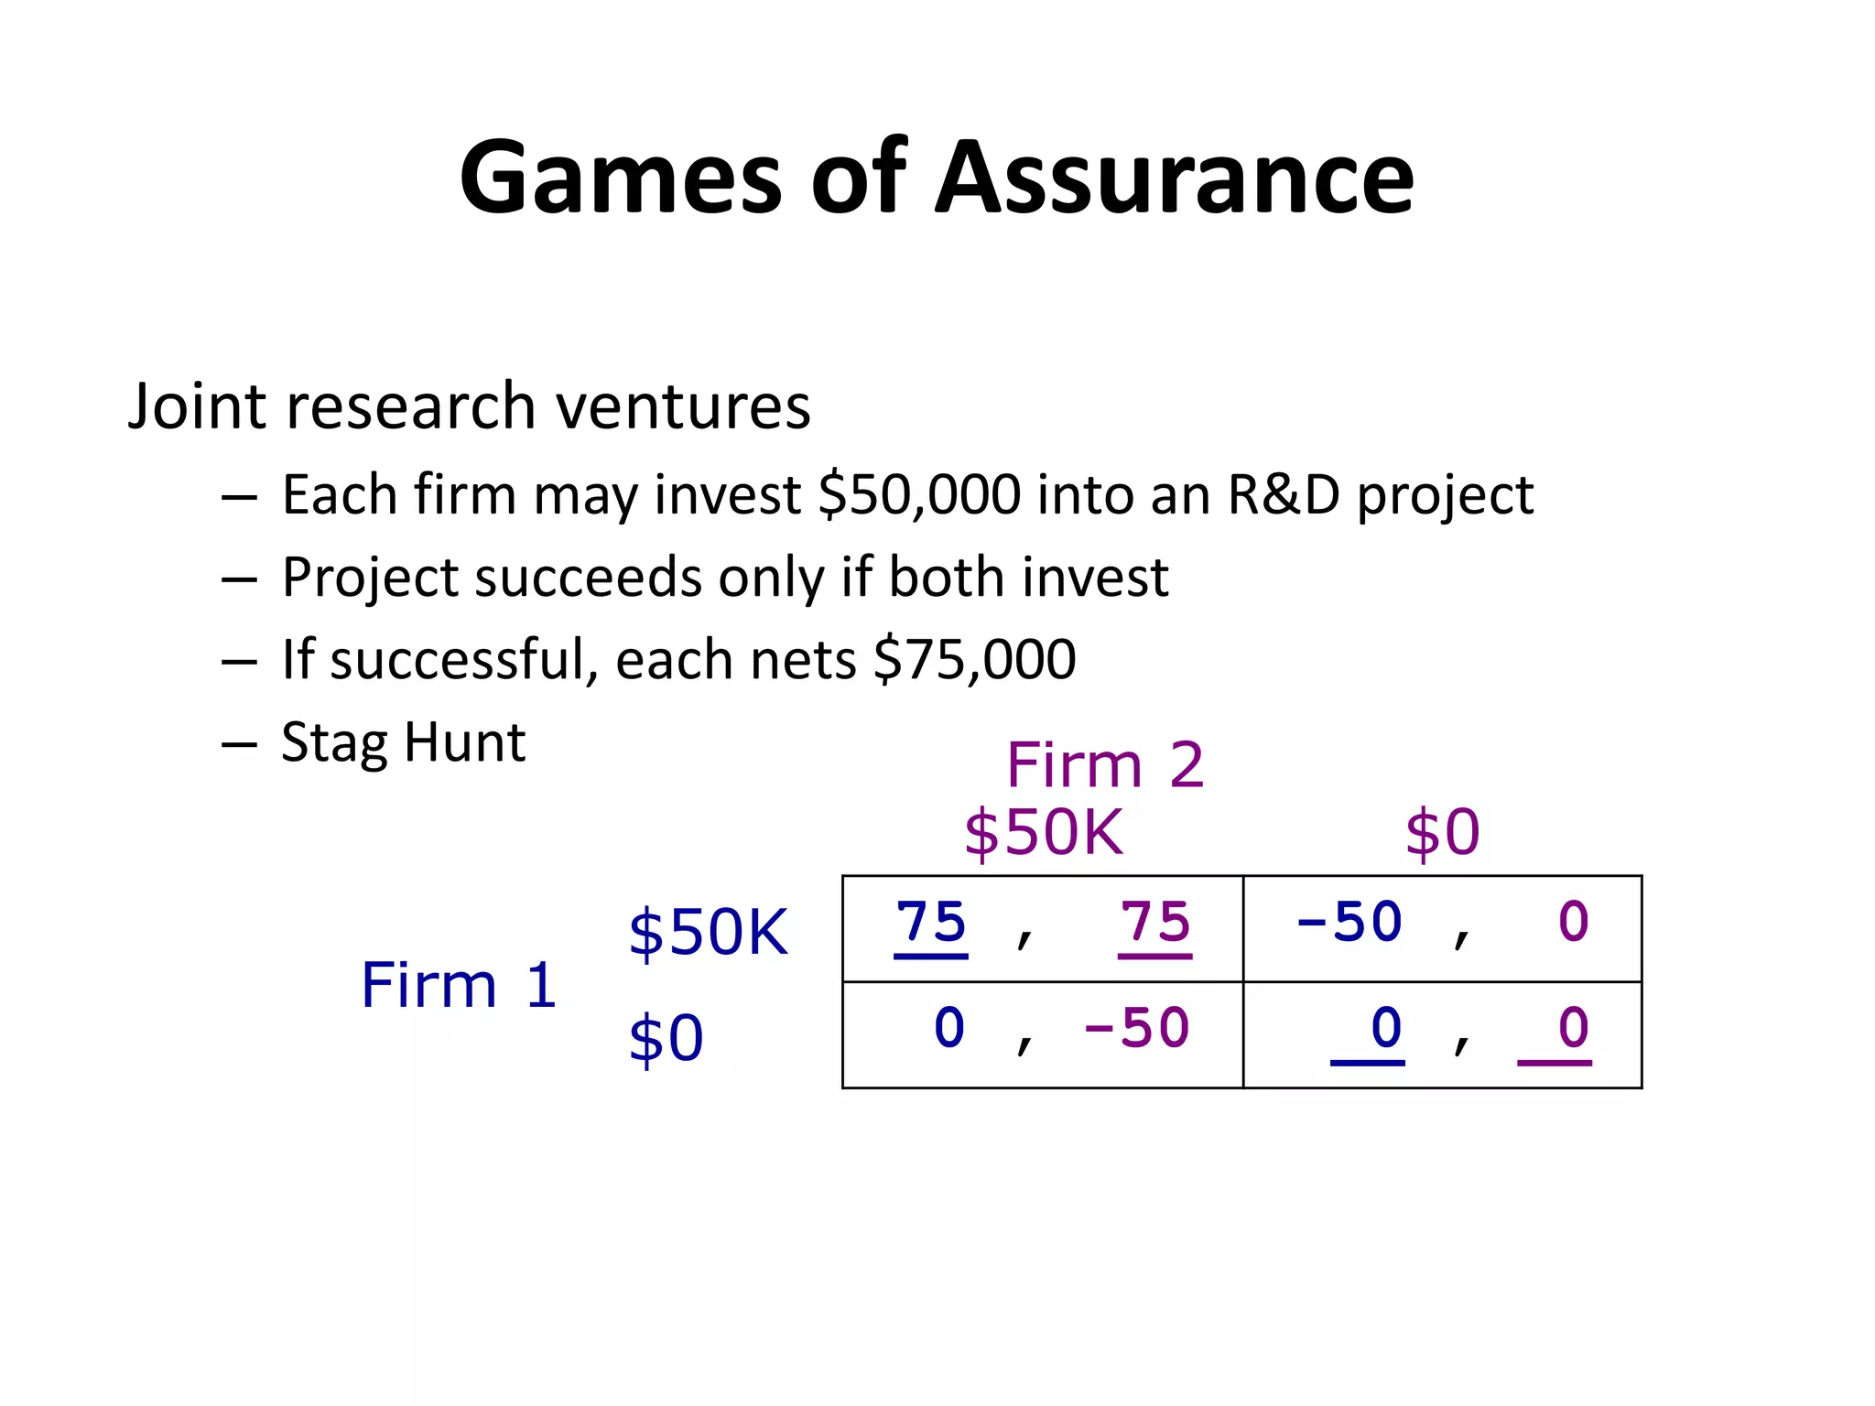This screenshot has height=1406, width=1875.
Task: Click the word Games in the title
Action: point(621,178)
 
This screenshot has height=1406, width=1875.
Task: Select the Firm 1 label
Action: point(459,986)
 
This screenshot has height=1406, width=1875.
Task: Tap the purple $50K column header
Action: point(1043,833)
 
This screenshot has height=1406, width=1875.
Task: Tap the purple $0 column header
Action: point(1442,833)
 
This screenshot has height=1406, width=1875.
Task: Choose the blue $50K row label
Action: point(708,933)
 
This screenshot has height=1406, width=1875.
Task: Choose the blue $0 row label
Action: point(666,1039)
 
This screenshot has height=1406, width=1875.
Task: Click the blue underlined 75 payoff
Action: point(931,923)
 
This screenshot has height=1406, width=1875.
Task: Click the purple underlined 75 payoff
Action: point(1155,923)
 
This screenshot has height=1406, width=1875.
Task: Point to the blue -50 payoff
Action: point(1349,923)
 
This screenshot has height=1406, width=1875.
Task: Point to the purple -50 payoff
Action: point(1136,1029)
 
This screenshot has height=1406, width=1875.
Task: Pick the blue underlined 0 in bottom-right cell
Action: point(1386,1029)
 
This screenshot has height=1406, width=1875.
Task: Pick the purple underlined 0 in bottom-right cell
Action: point(1573,1029)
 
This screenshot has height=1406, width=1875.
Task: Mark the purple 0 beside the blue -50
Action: point(1573,923)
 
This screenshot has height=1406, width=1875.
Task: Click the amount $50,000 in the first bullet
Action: point(918,495)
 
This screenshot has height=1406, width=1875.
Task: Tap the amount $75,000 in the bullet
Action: point(974,660)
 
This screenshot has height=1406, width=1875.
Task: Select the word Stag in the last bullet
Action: point(334,743)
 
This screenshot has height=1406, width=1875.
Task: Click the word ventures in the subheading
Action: point(683,406)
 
